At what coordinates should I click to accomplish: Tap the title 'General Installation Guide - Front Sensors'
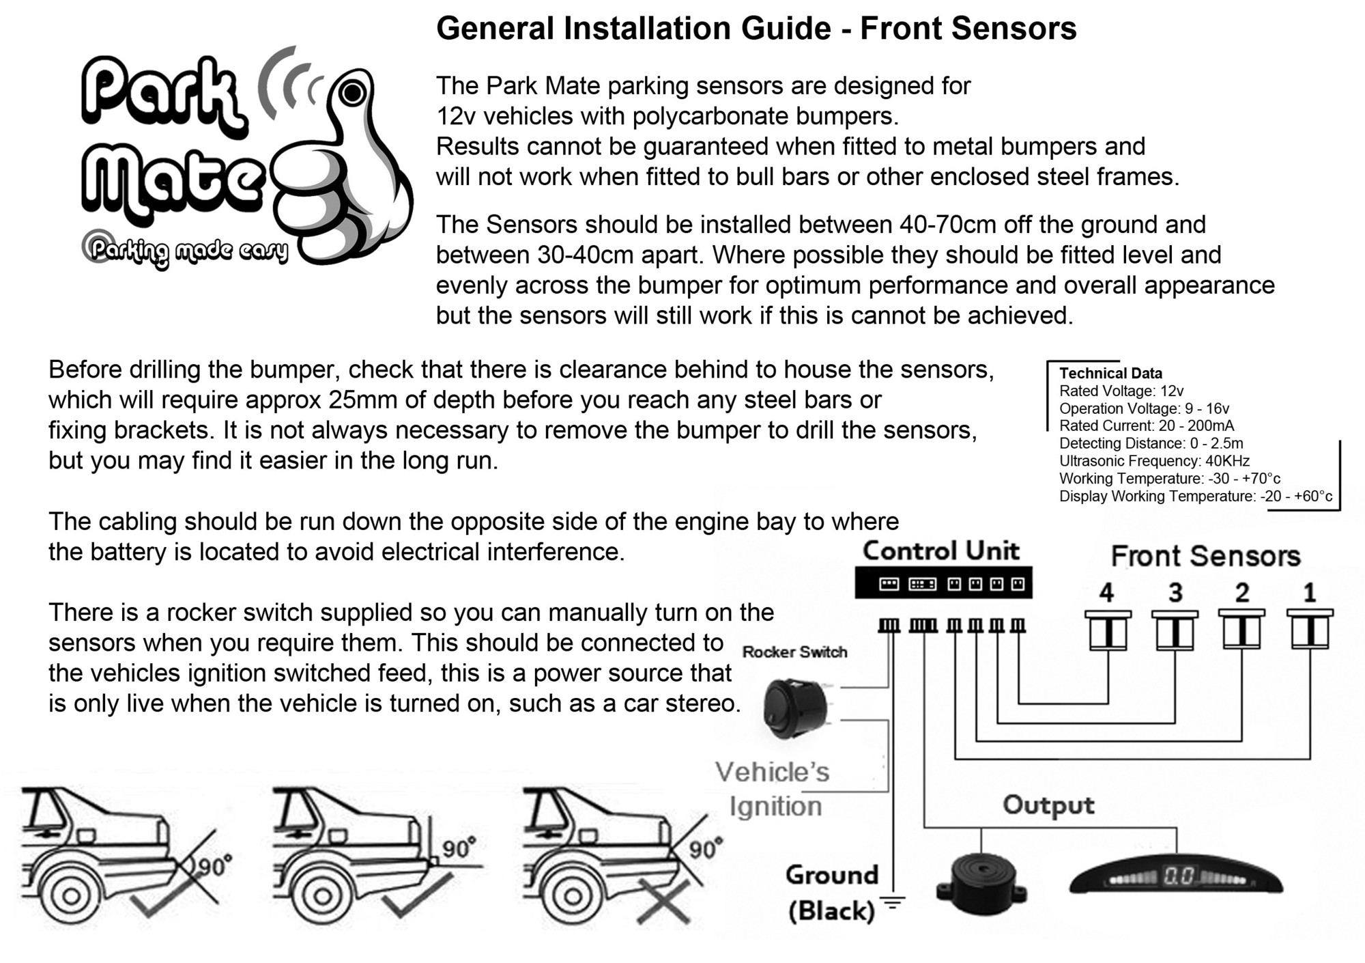(x=756, y=29)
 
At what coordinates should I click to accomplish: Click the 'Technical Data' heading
(x=1110, y=374)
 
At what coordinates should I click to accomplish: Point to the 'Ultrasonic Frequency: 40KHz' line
(x=1154, y=461)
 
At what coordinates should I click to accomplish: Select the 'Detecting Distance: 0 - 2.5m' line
(x=1151, y=443)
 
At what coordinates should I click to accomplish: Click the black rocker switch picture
(x=796, y=708)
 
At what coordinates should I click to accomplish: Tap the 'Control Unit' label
(x=941, y=551)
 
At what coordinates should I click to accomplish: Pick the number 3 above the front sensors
(x=1175, y=593)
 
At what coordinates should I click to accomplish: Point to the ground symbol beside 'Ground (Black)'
(x=893, y=903)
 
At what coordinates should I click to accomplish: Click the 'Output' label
(x=1048, y=805)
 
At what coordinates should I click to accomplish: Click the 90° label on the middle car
(x=459, y=848)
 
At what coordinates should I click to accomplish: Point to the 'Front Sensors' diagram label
(x=1205, y=556)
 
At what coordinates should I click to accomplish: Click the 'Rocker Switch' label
(x=794, y=652)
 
